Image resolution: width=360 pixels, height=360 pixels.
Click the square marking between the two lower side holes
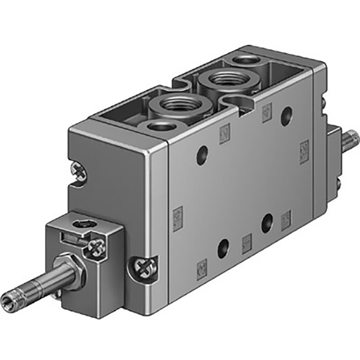point(246,243)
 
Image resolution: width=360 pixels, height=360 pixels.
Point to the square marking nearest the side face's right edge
point(304,149)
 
